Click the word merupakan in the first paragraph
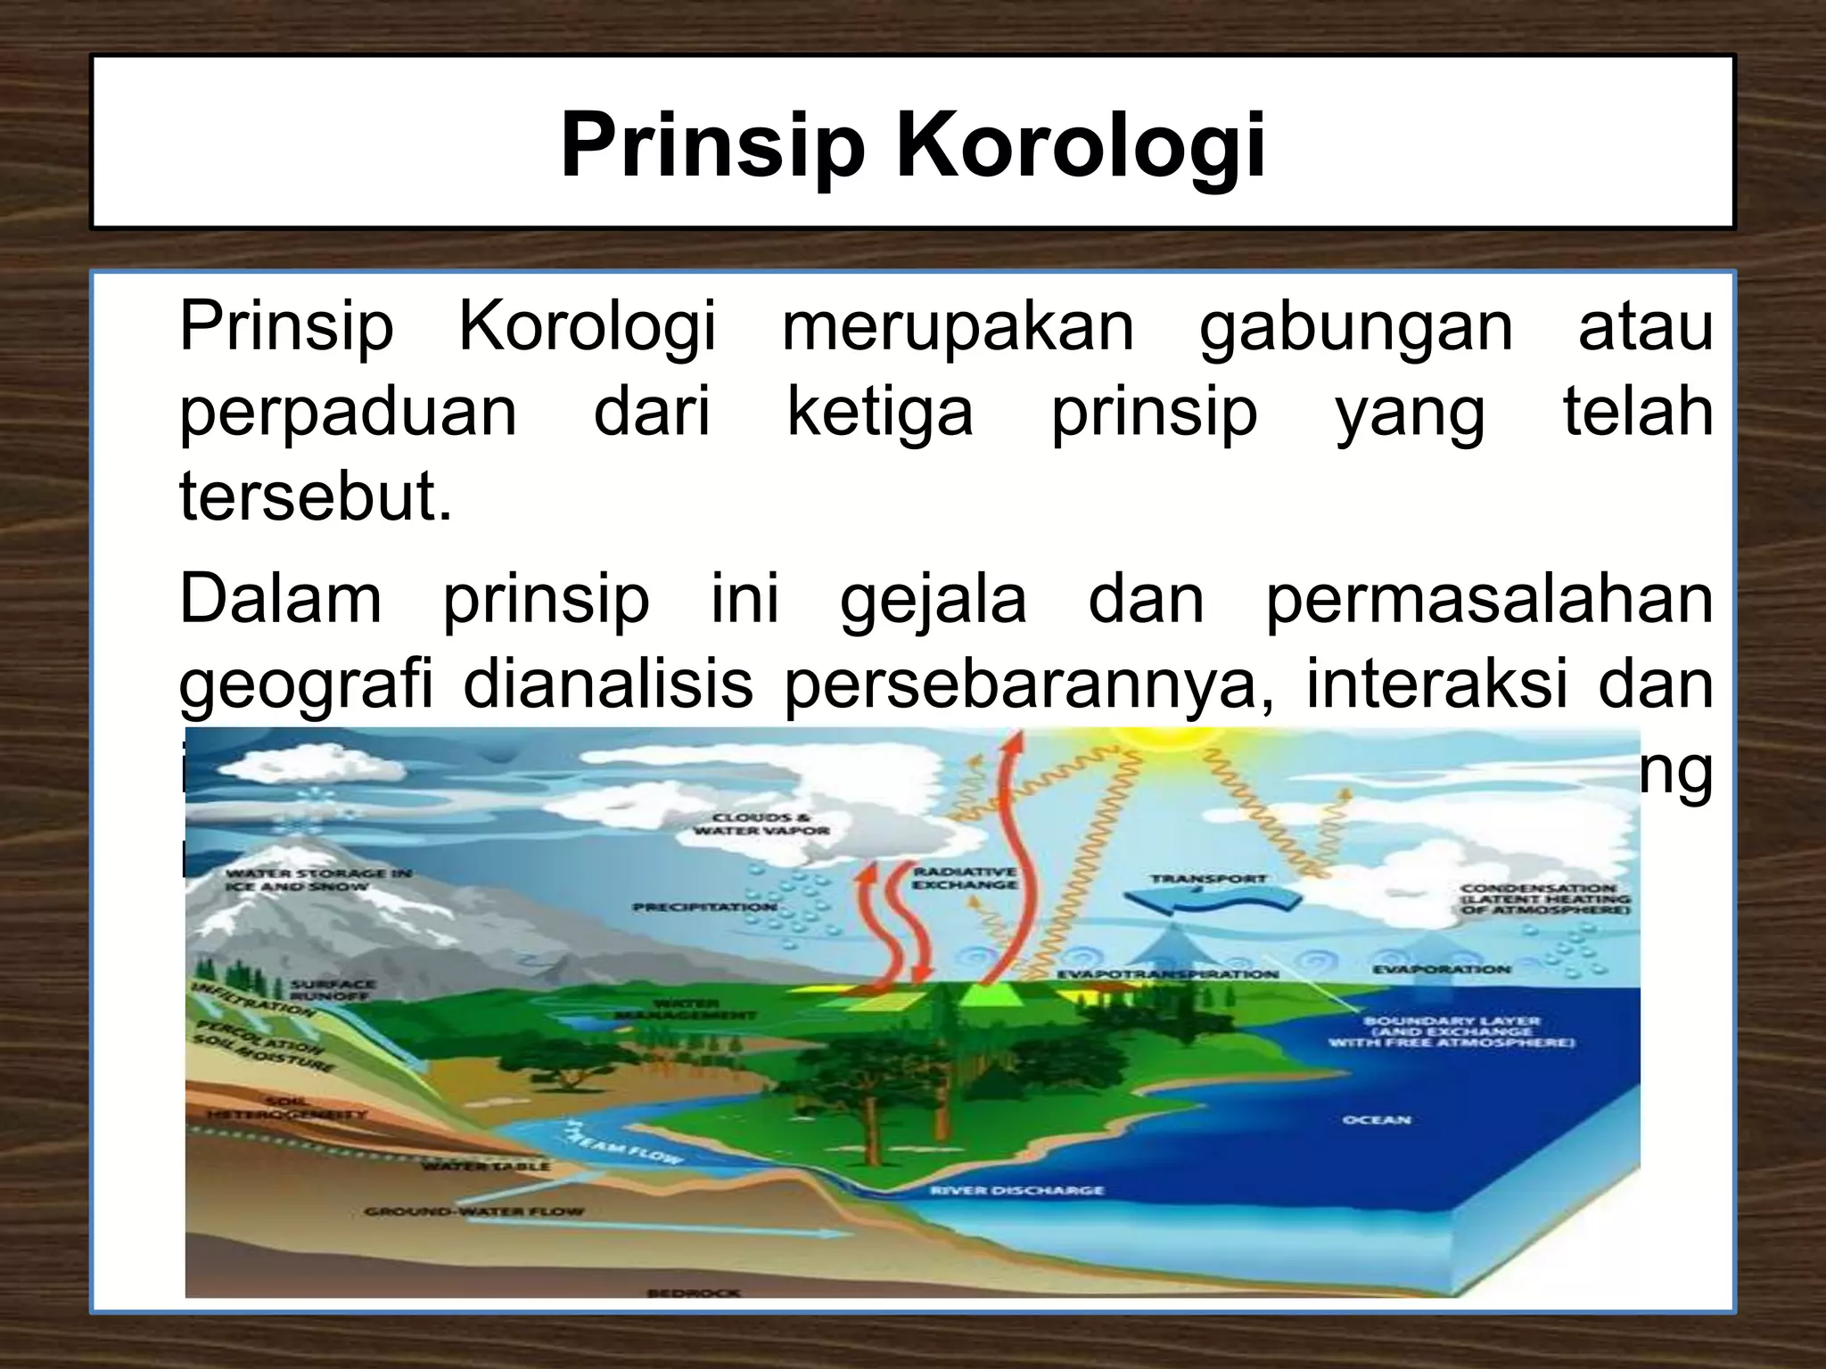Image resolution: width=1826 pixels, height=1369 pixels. [x=958, y=326]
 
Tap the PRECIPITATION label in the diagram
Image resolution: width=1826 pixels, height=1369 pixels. [x=703, y=906]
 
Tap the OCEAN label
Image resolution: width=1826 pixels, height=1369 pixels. [x=1377, y=1119]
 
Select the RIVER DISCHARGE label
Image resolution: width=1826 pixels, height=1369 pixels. [x=1016, y=1190]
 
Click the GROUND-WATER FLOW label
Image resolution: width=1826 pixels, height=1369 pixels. [x=473, y=1211]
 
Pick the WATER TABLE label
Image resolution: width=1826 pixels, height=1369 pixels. [x=485, y=1166]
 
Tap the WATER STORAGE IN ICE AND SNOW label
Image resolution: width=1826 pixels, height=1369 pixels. [x=317, y=880]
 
